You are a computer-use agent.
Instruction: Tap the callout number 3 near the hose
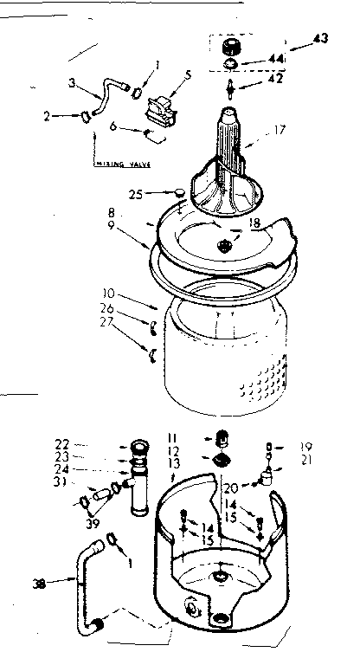(73, 83)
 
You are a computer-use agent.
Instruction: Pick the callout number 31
(87, 482)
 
